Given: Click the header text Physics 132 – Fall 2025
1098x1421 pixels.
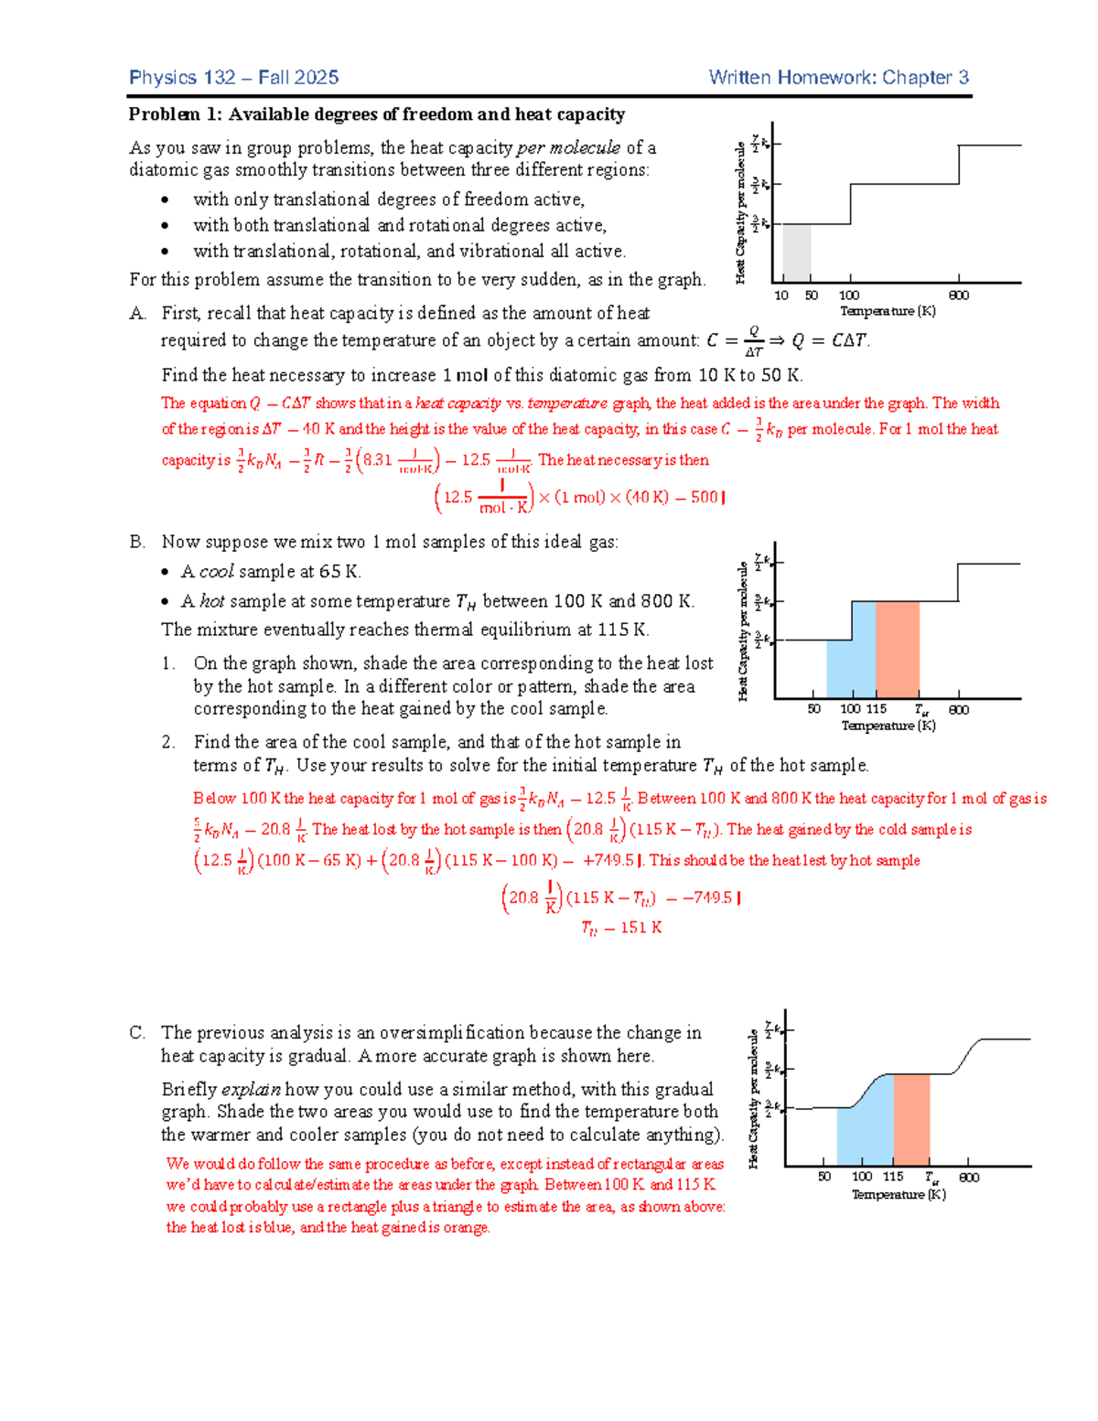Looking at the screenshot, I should click(x=233, y=78).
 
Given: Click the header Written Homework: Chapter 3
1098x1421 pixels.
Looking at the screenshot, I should click(x=838, y=78).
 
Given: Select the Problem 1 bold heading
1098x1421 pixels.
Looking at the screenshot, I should click(x=376, y=114).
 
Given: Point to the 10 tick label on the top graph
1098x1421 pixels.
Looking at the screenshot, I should click(x=781, y=296).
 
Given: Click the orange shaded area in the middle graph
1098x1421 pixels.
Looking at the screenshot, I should click(x=897, y=650).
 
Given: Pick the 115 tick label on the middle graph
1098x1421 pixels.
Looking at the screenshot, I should click(x=877, y=709).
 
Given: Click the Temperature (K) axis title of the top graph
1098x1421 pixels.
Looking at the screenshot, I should click(x=888, y=311).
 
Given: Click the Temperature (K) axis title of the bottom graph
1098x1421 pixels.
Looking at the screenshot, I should click(x=899, y=1194).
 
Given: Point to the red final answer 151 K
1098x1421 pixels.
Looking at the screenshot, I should click(x=622, y=928).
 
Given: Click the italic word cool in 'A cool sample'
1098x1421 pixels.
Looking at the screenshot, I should click(x=217, y=572).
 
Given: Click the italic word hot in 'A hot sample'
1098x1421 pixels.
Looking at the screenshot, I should click(x=212, y=601).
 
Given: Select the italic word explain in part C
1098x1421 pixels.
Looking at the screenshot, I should click(x=251, y=1089).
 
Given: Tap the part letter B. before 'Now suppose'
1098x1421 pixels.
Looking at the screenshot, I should click(x=137, y=542).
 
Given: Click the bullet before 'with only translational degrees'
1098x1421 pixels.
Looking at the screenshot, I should click(x=165, y=200).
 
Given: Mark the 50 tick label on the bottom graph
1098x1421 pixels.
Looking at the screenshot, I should click(x=824, y=1177).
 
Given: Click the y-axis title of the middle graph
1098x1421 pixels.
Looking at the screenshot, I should click(x=743, y=631).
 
